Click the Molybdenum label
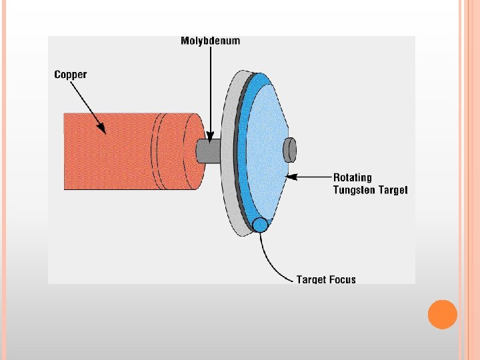point(210,41)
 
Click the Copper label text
point(71,74)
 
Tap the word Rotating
point(353,177)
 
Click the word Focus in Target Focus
point(341,279)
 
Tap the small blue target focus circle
point(260,225)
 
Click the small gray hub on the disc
point(290,150)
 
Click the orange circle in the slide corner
point(442,315)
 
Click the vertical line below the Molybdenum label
point(210,87)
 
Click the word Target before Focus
point(311,279)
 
